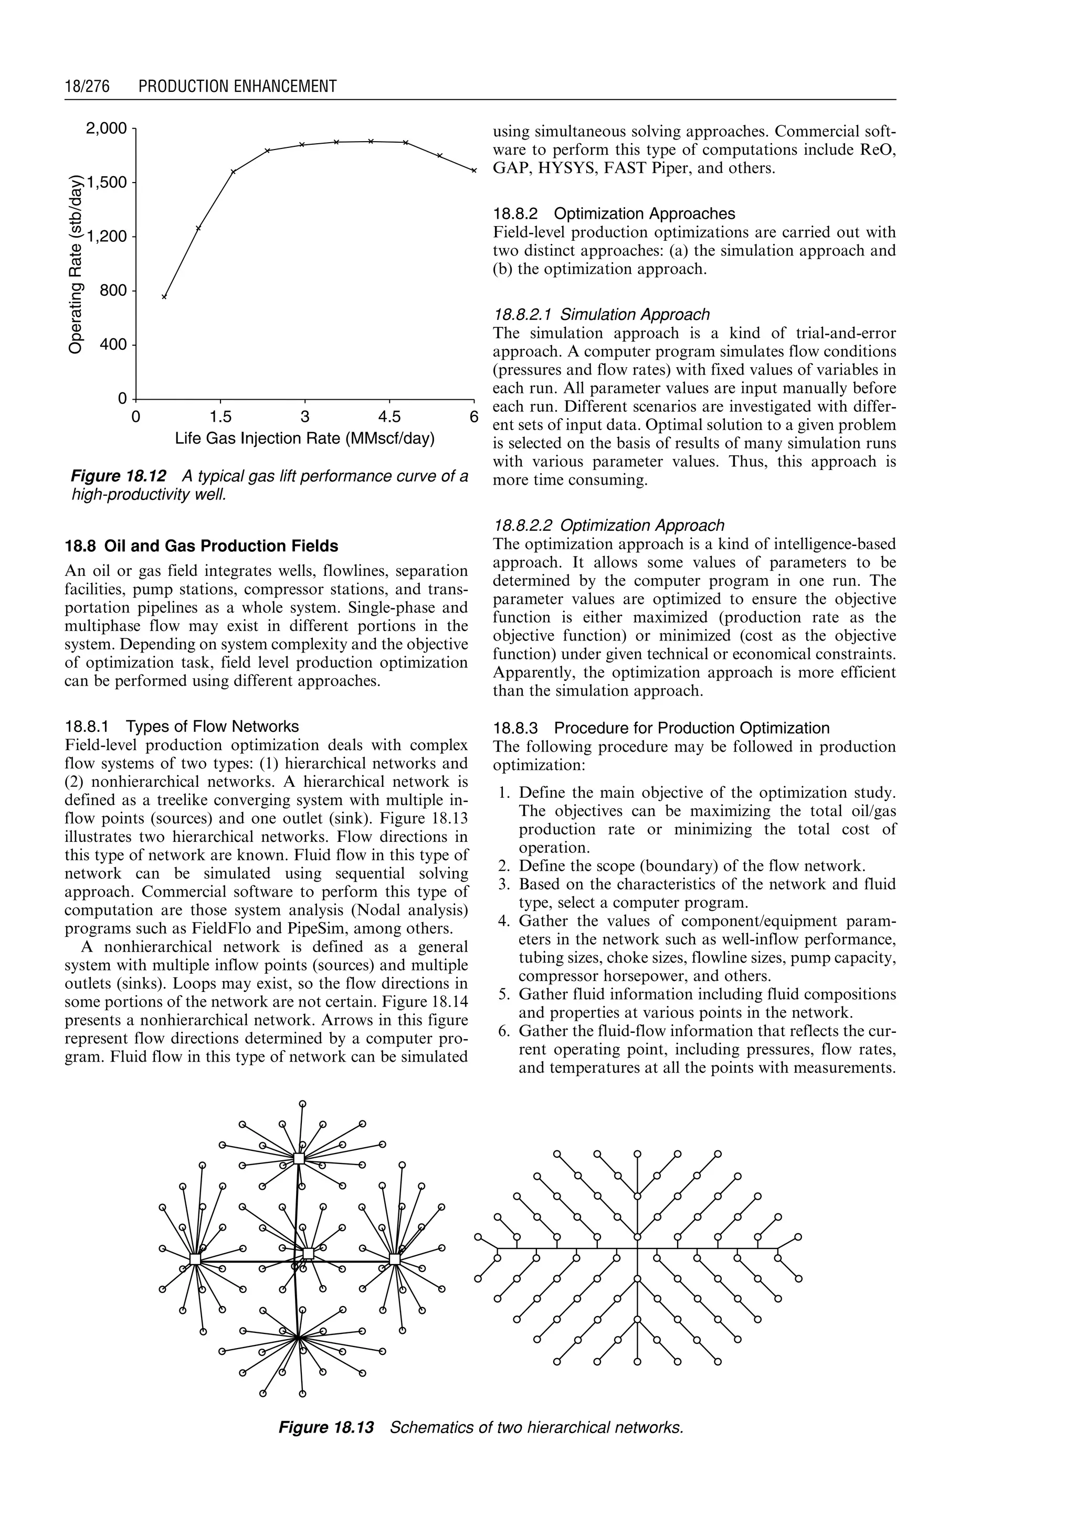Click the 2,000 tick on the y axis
tap(107, 127)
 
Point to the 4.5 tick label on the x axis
tap(389, 417)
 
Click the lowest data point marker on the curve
tap(165, 297)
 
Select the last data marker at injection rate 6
tap(474, 170)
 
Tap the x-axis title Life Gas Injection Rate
tap(304, 439)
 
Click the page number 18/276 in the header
tap(87, 86)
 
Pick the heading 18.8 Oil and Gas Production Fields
tap(201, 546)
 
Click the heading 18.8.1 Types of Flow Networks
tap(182, 727)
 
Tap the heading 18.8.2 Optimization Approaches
tap(614, 213)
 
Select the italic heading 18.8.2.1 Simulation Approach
tap(602, 314)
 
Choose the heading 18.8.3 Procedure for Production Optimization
tap(661, 729)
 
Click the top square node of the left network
tap(299, 1158)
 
